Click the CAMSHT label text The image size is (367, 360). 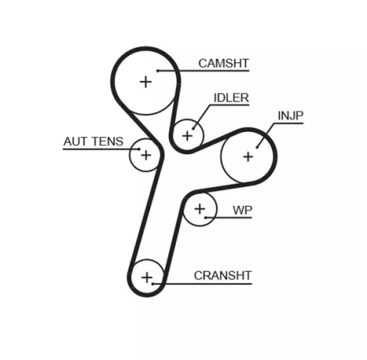pos(224,64)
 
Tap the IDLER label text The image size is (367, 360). pos(231,98)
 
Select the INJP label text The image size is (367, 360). pos(291,116)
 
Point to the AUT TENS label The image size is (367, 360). pos(93,142)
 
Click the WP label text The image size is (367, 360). pos(242,210)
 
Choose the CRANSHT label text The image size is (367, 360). pos(222,276)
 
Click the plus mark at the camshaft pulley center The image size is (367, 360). pos(146,82)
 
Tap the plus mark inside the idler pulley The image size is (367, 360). pos(187,136)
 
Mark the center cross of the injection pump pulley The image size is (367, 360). pos(248,157)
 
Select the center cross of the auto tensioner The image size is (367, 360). pos(146,155)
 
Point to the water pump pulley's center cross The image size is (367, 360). pos(200,209)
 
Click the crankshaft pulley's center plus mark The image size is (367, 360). pos(147,278)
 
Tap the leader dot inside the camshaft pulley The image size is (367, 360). pos(158,71)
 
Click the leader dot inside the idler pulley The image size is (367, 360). pos(193,128)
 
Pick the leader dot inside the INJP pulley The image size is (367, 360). pos(257,147)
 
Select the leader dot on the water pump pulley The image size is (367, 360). pos(206,217)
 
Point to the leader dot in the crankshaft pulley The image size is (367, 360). pos(153,284)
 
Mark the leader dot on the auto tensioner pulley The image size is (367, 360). pos(139,149)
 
